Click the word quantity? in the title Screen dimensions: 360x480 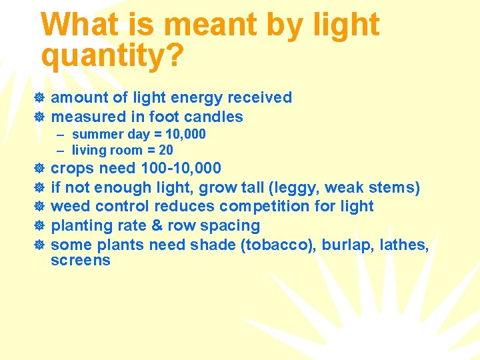coord(112,57)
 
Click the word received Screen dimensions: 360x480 coord(259,98)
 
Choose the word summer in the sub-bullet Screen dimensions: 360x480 coord(93,135)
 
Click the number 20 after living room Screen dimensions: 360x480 coord(166,151)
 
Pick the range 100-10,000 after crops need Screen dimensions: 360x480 coord(181,168)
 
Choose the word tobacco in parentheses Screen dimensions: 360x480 coord(273,245)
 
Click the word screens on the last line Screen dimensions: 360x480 coord(80,260)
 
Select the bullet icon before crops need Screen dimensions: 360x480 coord(39,169)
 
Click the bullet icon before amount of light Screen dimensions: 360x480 coord(39,99)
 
